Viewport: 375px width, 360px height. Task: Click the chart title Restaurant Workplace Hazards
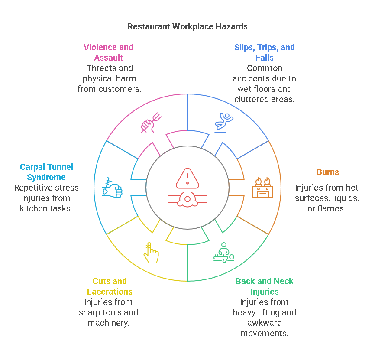(x=187, y=26)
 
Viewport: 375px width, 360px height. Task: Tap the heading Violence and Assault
(x=108, y=52)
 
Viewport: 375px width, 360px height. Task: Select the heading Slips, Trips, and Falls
(x=264, y=52)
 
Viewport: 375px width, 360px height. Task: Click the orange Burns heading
(x=327, y=172)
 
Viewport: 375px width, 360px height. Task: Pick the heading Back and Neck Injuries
(x=264, y=286)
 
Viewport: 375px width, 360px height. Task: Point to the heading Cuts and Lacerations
(x=110, y=286)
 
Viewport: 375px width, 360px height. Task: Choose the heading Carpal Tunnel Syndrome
(x=46, y=172)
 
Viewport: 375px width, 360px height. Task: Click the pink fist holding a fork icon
(x=151, y=123)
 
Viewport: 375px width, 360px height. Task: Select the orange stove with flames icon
(x=262, y=188)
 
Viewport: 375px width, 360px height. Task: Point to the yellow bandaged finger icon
(x=151, y=253)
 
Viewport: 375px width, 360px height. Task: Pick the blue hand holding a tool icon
(x=112, y=188)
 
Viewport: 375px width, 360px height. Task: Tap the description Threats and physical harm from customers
(x=110, y=78)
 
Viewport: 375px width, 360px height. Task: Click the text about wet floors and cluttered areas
(x=264, y=84)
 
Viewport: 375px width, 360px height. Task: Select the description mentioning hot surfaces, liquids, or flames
(x=327, y=198)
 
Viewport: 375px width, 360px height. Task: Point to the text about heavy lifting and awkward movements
(x=264, y=318)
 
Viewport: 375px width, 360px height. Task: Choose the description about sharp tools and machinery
(x=108, y=312)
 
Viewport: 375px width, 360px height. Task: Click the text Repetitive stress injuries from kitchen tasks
(x=46, y=198)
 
